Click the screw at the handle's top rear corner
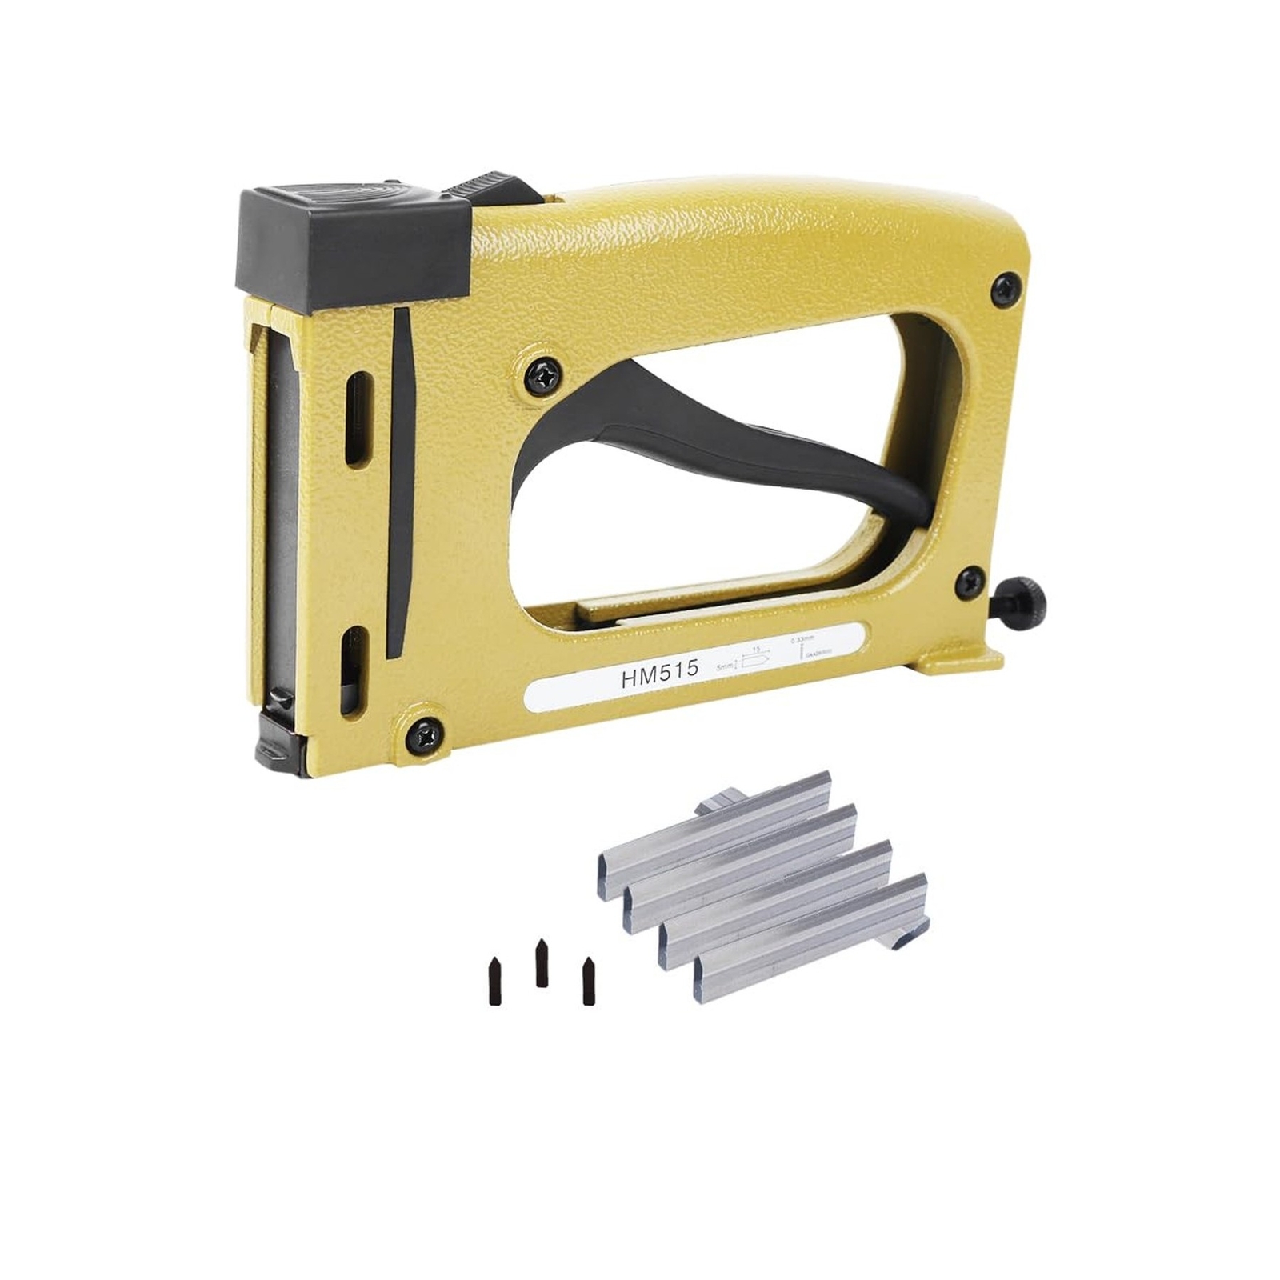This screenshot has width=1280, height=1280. point(1006,288)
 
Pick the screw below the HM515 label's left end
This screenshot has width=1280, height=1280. point(423,730)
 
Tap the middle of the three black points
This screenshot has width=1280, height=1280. point(542,962)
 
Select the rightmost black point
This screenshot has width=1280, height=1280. point(589,982)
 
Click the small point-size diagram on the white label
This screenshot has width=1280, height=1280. point(754,659)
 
